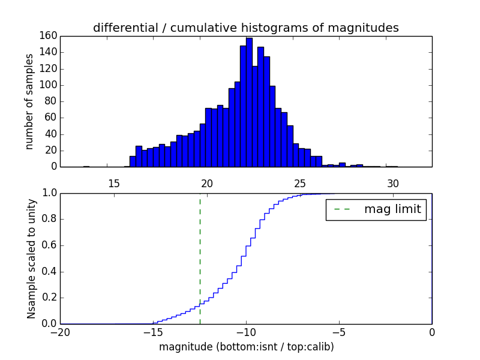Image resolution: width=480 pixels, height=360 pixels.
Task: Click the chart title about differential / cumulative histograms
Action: coord(245,28)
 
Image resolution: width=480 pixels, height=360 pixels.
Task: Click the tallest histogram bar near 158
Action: coord(249,102)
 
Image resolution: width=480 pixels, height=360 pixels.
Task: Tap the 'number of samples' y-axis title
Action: coord(29,101)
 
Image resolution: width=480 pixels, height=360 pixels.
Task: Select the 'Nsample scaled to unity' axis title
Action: coord(31,258)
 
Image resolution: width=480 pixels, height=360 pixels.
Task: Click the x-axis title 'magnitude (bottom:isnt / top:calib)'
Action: coord(246,347)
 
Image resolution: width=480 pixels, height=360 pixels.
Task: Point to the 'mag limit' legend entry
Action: coord(376,210)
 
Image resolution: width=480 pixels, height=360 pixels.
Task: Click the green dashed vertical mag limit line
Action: coord(200,252)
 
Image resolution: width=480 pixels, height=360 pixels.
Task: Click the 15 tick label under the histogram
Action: coord(114,183)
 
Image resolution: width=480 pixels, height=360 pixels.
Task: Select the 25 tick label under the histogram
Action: coord(300,183)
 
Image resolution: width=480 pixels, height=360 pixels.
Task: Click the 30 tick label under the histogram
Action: coord(393,183)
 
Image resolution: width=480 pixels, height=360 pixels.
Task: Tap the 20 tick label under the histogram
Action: coord(207,183)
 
